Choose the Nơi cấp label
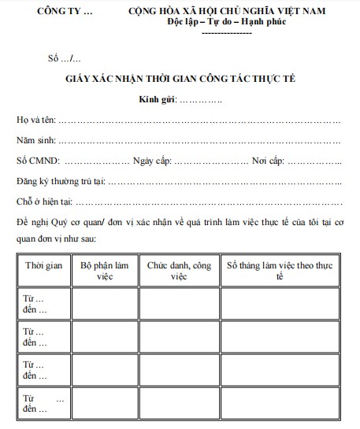[x=268, y=161]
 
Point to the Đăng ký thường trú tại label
[x=60, y=182]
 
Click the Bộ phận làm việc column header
[x=105, y=270]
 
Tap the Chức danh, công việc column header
[x=179, y=270]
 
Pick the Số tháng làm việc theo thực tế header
[x=280, y=270]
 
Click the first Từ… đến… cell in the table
[x=44, y=302]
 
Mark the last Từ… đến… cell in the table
[x=44, y=403]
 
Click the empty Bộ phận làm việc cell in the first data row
[x=105, y=302]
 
